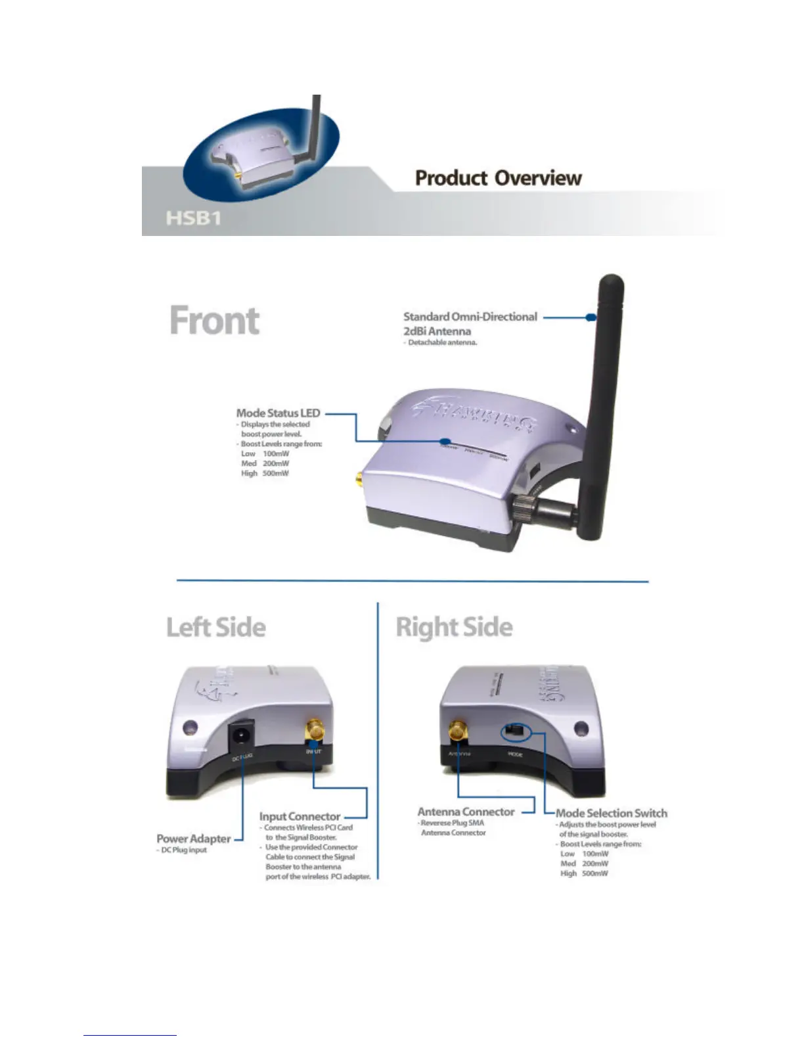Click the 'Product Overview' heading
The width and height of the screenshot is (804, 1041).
coord(498,178)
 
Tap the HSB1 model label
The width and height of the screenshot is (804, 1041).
coord(193,218)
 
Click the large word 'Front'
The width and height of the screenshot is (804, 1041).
coord(215,321)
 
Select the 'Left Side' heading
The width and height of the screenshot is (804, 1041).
coord(216,627)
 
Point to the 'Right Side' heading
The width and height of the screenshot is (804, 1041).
coord(454,627)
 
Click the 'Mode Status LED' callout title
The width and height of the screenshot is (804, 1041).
coord(278,413)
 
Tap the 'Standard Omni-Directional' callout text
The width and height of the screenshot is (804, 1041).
coord(470,317)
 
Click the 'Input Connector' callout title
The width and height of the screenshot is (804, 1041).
coord(300,816)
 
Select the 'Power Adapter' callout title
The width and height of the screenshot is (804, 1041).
coord(194,839)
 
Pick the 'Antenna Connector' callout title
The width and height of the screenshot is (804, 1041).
coord(466,812)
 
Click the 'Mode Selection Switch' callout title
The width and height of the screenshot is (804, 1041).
coord(611,813)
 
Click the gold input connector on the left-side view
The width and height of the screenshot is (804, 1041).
coord(315,729)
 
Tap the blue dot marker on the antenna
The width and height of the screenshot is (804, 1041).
coord(591,317)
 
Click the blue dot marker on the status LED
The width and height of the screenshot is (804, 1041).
coord(445,442)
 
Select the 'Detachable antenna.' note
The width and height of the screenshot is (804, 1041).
coord(442,342)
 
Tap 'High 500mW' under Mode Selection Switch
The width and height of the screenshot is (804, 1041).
coord(584,873)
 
